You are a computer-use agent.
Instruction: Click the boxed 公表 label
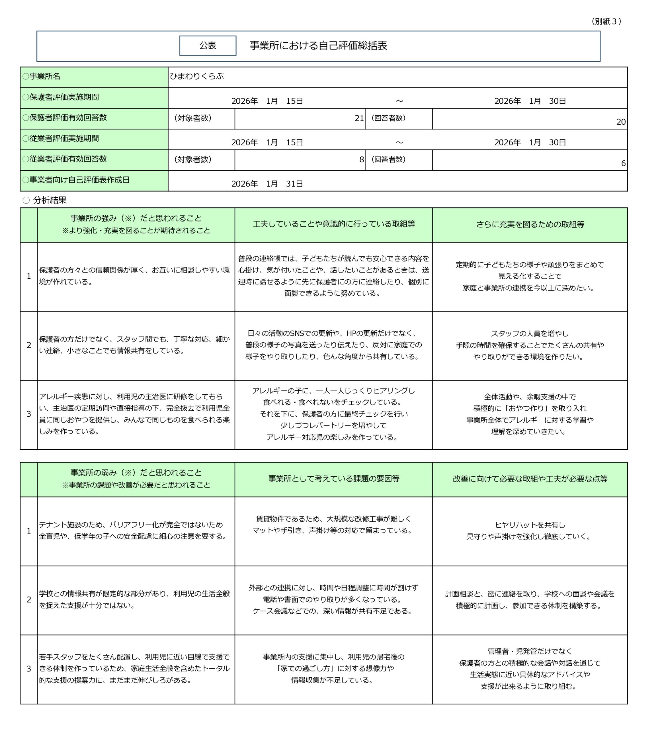pos(208,46)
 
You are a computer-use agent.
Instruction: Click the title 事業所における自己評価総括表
pos(318,46)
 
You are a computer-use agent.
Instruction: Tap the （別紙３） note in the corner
pos(606,21)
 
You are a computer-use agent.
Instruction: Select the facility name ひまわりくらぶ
pos(197,76)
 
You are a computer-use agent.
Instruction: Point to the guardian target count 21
pos(359,118)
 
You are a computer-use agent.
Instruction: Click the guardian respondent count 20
pos(620,122)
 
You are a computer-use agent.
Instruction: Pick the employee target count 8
pos(361,159)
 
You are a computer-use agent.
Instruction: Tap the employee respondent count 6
pos(623,163)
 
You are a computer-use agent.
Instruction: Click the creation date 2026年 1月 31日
pos(267,184)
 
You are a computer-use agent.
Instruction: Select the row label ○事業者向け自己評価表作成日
pos(76,180)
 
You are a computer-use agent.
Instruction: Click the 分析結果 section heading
pos(50,200)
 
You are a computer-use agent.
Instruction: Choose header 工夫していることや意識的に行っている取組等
pos(333,224)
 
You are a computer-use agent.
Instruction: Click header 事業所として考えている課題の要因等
pos(333,479)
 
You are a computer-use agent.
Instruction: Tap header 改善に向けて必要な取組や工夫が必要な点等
pos(530,479)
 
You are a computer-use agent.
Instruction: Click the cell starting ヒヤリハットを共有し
pos(530,531)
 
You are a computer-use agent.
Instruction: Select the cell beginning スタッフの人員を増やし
pos(530,345)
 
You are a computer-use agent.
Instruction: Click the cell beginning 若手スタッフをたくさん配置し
pos(134,669)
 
